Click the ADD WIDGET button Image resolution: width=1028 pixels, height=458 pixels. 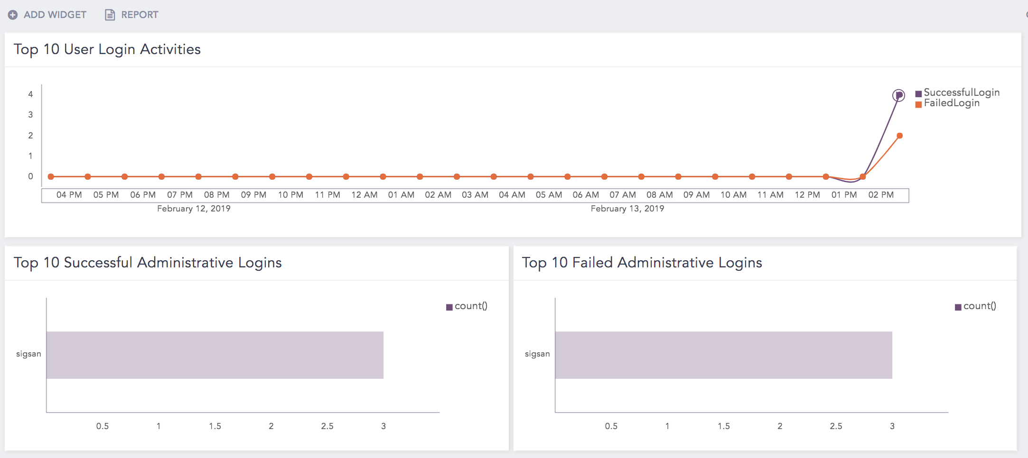[47, 15]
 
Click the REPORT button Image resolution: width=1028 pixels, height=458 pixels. [132, 15]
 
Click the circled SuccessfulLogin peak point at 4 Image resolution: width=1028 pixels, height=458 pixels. [898, 95]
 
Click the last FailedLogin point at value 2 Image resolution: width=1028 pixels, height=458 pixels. [899, 136]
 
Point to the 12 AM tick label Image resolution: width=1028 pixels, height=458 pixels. [364, 195]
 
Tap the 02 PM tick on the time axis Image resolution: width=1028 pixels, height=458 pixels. [881, 195]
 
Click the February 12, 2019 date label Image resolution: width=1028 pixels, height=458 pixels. [194, 209]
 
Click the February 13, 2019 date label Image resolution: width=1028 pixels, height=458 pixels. [627, 209]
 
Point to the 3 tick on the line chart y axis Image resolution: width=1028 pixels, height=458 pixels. [30, 115]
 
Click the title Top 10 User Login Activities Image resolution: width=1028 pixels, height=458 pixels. [107, 49]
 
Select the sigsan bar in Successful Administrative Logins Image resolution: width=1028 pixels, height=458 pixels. [215, 355]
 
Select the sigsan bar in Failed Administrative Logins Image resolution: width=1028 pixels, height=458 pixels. [723, 355]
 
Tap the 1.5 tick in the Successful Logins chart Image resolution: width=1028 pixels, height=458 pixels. [215, 426]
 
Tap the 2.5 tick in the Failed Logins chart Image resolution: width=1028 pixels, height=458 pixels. [836, 426]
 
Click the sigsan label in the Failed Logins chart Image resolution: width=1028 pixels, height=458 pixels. [537, 354]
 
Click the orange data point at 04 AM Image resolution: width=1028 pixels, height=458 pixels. [531, 177]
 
